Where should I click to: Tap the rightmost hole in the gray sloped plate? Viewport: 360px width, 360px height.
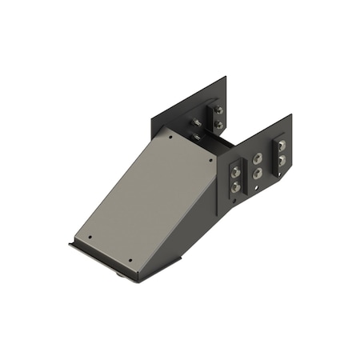tap(211, 159)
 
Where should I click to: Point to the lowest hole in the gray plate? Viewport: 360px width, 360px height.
tap(131, 261)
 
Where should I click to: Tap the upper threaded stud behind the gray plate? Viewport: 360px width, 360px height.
tap(195, 122)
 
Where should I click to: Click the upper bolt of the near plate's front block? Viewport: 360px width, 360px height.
tap(235, 170)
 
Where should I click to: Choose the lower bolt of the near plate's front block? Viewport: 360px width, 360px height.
tap(235, 186)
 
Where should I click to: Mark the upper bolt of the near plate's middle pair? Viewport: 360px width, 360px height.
tap(258, 158)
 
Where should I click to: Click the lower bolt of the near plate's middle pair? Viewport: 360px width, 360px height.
tap(258, 172)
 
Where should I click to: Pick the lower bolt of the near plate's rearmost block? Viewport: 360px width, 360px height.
tap(281, 160)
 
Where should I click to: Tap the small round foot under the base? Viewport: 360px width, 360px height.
tap(120, 274)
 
